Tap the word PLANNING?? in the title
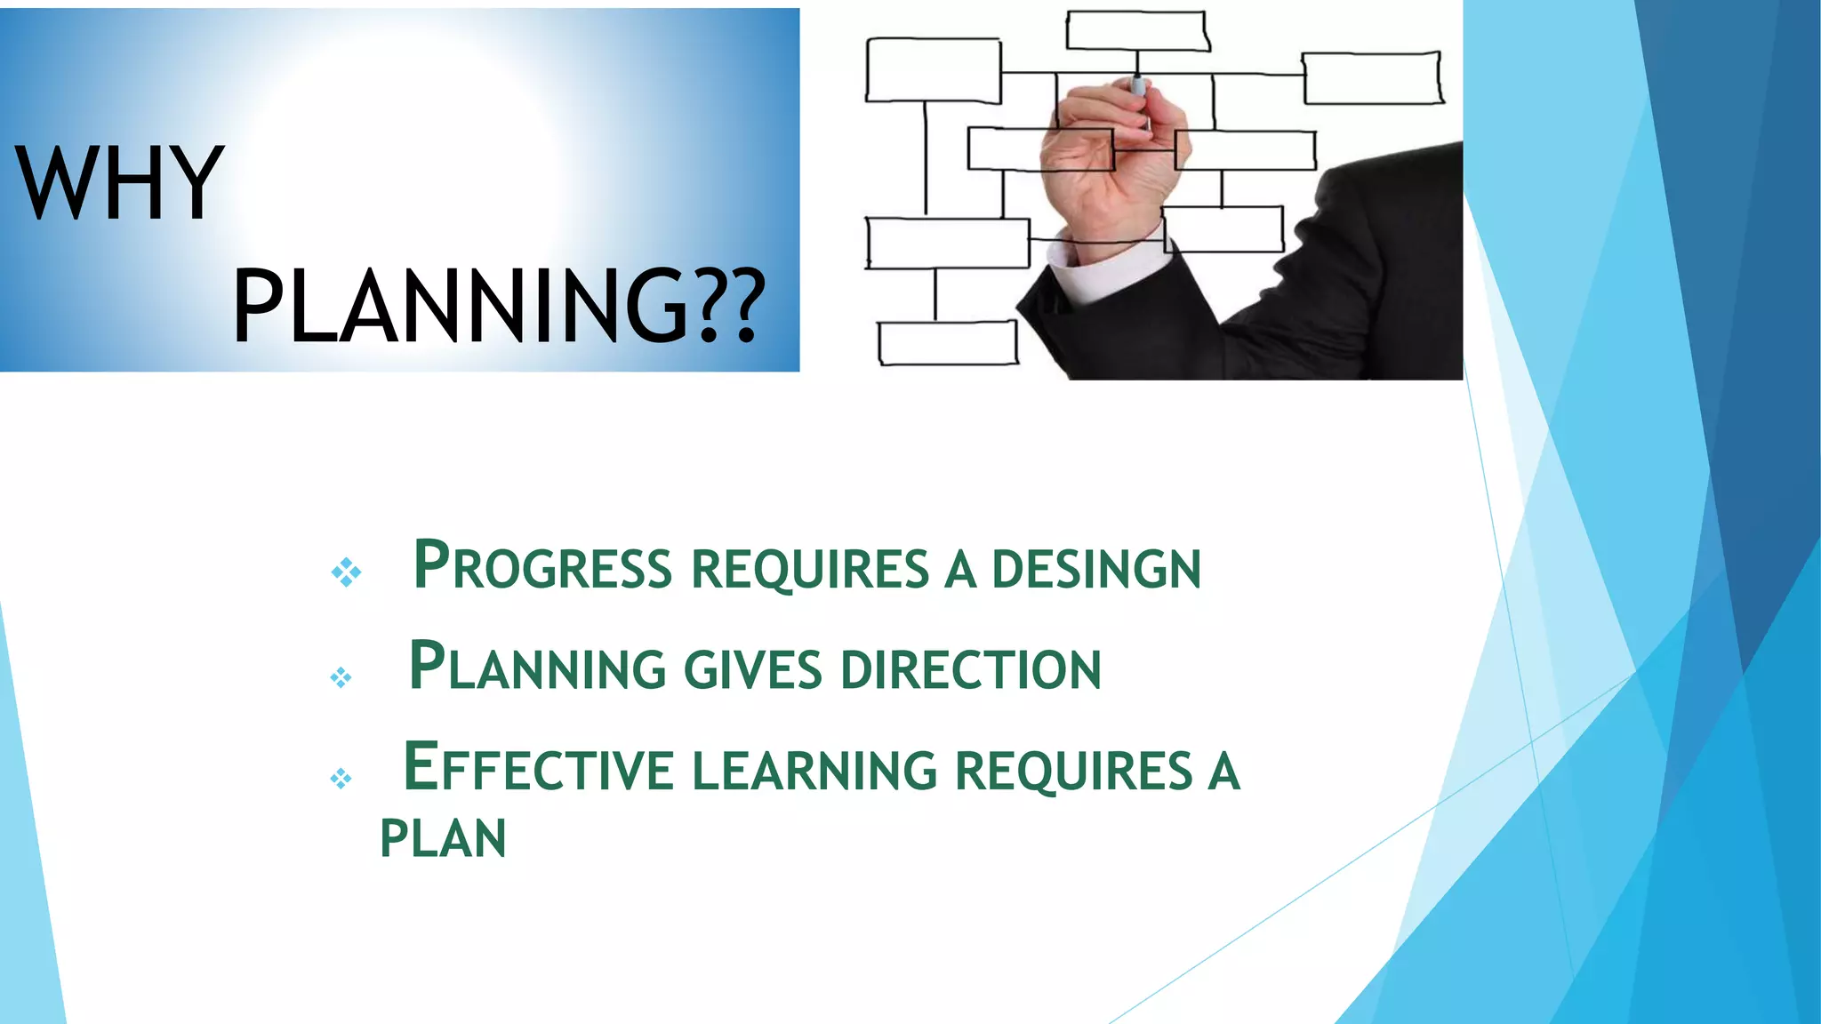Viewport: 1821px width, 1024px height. tap(498, 306)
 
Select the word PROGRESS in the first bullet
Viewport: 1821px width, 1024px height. tap(542, 566)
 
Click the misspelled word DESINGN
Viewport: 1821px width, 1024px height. tap(1095, 569)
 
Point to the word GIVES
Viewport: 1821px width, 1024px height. tap(752, 669)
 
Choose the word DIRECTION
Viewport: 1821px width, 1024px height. tap(970, 669)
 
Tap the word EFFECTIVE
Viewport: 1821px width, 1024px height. tap(539, 768)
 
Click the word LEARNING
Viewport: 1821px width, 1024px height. tap(814, 770)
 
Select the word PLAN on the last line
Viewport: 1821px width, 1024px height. tap(443, 838)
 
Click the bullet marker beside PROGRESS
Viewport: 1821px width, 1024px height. tap(346, 572)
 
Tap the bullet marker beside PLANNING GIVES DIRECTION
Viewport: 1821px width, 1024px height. tap(341, 678)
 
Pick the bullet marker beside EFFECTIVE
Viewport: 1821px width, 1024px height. tap(341, 780)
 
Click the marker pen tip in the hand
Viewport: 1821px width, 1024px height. tap(1137, 85)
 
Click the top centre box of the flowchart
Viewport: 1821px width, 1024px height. tap(1137, 31)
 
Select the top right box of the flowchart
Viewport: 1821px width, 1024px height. tap(1372, 78)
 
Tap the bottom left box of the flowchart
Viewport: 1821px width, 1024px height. tap(948, 343)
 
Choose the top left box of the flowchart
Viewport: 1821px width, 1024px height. tap(933, 70)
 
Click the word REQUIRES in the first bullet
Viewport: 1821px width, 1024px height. tap(810, 569)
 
